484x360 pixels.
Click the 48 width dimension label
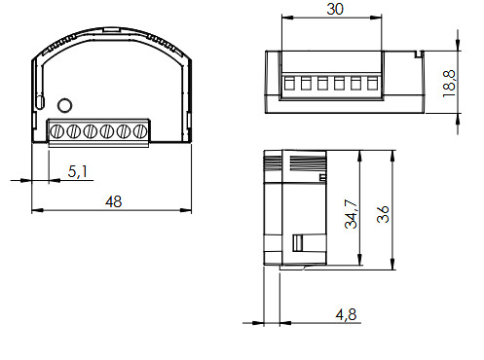(x=113, y=201)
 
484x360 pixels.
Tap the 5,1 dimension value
(x=78, y=171)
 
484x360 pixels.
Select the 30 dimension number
(x=335, y=9)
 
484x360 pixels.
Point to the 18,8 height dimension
(x=449, y=84)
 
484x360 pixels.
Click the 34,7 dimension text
(x=351, y=214)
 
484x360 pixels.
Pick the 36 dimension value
(x=383, y=214)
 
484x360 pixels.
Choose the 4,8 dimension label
(x=346, y=314)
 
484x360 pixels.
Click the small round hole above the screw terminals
(x=64, y=105)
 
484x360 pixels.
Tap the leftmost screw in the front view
(x=56, y=131)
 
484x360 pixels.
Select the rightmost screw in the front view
(x=140, y=131)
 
